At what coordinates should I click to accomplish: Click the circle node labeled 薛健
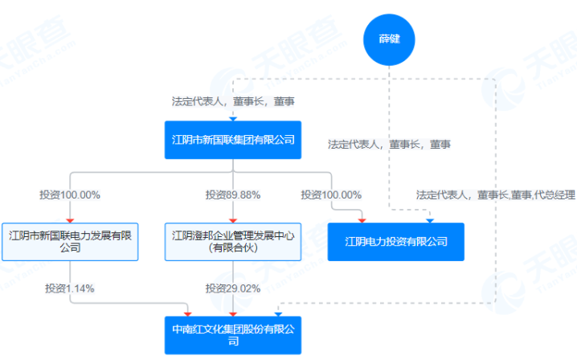click(390, 38)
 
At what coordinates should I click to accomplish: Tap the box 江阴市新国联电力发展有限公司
click(70, 241)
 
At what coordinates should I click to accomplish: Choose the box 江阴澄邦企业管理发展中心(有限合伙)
click(232, 241)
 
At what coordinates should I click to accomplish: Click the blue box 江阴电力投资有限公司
click(395, 241)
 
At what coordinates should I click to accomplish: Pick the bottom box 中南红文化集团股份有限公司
click(232, 334)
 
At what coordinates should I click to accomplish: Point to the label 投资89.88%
click(232, 194)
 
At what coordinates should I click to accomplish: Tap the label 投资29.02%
click(232, 288)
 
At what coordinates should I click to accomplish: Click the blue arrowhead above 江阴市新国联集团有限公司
click(232, 117)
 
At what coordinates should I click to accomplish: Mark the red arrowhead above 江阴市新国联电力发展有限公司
click(70, 219)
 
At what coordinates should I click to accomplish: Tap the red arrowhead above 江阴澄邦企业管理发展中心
click(232, 219)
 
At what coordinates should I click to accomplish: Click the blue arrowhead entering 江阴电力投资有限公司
click(430, 219)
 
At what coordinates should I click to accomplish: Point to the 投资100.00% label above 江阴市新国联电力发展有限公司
click(70, 194)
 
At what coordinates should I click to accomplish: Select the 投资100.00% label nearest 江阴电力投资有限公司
click(331, 194)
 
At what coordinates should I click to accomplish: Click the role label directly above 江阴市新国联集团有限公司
click(232, 102)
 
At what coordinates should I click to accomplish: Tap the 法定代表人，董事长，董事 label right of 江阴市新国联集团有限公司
click(389, 145)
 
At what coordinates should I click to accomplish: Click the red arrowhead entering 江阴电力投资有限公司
click(362, 219)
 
